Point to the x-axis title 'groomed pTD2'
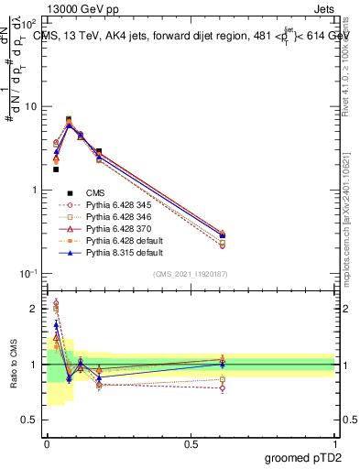[x=303, y=458]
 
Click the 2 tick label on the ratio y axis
[x=36, y=309]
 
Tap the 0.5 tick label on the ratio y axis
[x=32, y=420]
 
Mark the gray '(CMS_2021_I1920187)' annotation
[x=191, y=274]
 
